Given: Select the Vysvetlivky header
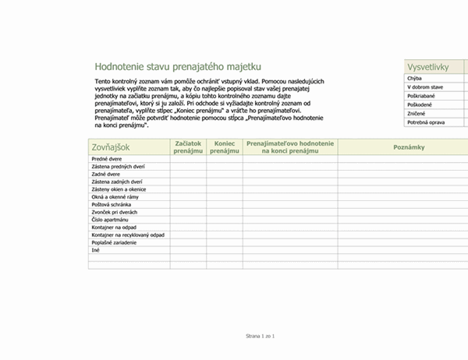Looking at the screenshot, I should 431,67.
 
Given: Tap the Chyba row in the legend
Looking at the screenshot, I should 415,79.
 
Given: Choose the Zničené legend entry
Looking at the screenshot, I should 417,113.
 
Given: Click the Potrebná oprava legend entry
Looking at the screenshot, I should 426,122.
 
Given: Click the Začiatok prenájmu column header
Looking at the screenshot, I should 188,146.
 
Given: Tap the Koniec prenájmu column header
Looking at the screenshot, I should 225,146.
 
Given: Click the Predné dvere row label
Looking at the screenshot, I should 108,158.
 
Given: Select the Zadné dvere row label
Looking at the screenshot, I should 107,174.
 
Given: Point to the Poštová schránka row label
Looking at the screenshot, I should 112,204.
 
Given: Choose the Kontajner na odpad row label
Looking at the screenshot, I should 115,227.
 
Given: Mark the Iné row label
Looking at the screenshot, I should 96,250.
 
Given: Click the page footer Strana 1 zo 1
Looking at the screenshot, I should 261,335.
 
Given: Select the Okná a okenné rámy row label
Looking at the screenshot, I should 116,196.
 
